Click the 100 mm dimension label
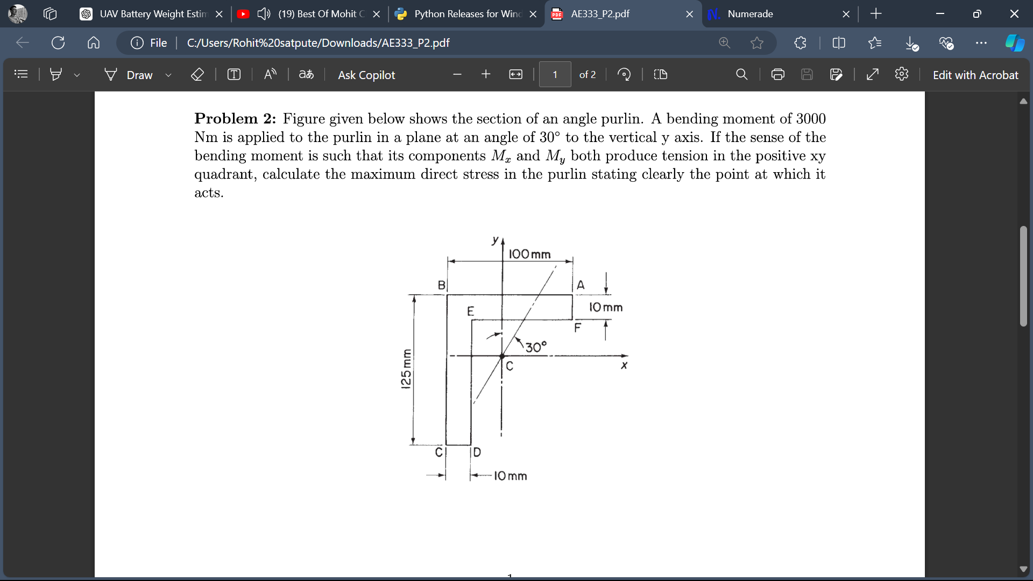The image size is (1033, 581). click(x=529, y=254)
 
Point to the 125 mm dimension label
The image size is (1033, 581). click(x=406, y=369)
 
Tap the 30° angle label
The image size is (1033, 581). click(x=536, y=347)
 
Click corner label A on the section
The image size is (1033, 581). click(x=581, y=285)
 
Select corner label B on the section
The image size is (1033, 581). click(x=441, y=285)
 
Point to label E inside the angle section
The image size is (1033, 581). click(x=471, y=311)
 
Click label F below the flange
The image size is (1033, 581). click(x=578, y=328)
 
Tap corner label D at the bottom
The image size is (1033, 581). click(x=477, y=452)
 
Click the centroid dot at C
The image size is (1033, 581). click(x=502, y=356)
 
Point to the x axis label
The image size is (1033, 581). click(x=624, y=366)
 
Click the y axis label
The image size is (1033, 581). click(x=495, y=240)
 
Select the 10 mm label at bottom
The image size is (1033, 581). click(x=510, y=476)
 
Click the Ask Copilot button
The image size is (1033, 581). click(x=366, y=75)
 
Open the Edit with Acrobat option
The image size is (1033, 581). click(x=975, y=75)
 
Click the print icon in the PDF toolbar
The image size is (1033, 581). click(x=777, y=75)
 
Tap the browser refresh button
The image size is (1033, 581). click(x=58, y=42)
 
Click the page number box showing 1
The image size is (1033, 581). click(x=555, y=75)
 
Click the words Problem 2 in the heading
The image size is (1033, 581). click(x=235, y=118)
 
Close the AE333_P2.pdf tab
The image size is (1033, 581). click(x=689, y=14)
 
